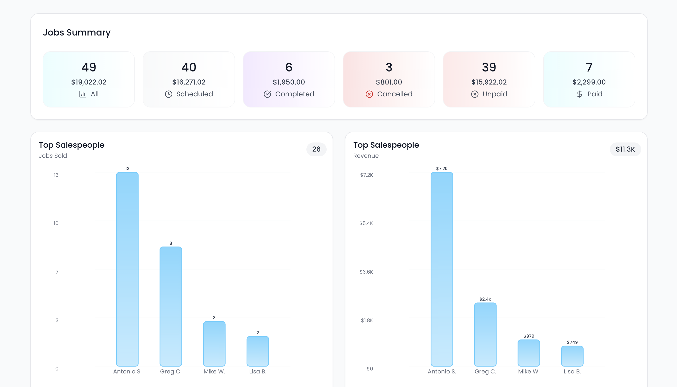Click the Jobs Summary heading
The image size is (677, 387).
(77, 33)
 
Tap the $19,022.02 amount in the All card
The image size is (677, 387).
(89, 82)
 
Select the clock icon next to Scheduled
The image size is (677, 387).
(169, 94)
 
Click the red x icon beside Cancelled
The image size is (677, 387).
(369, 94)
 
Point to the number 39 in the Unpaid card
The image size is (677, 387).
(489, 67)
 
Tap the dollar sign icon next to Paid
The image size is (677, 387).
(579, 94)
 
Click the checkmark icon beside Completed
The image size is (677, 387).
(267, 94)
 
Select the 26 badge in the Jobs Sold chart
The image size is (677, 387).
(316, 149)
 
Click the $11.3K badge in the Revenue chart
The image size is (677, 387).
(625, 149)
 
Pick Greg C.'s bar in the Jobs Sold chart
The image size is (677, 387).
(171, 306)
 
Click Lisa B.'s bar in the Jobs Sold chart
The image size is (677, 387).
(258, 351)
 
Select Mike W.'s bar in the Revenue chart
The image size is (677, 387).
(529, 353)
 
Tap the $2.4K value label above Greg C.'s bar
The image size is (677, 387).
(485, 299)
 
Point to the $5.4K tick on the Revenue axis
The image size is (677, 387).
(366, 223)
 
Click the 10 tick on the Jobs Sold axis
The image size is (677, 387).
(56, 223)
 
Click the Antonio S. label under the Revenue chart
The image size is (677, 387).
(442, 371)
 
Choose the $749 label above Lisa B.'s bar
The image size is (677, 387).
(572, 342)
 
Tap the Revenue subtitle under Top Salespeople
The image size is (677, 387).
(366, 156)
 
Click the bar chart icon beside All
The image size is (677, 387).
(82, 94)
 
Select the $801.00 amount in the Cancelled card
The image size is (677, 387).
(389, 82)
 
